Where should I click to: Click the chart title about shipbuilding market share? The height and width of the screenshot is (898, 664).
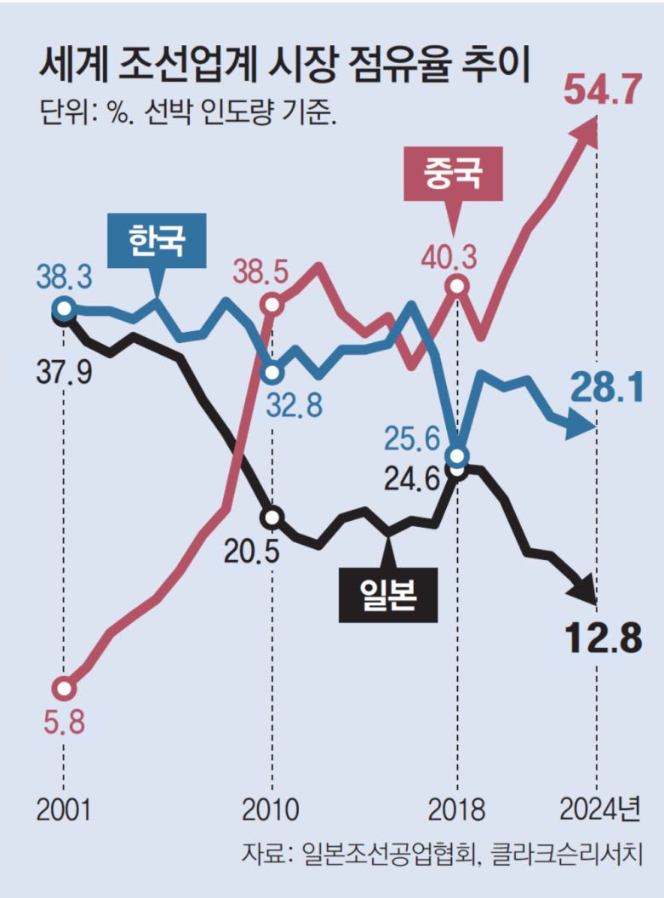pyautogui.click(x=285, y=66)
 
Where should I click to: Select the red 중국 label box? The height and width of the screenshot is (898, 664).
pyautogui.click(x=453, y=174)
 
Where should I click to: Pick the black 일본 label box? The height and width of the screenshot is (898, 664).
pyautogui.click(x=387, y=594)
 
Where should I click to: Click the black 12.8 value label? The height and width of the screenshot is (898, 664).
pyautogui.click(x=601, y=638)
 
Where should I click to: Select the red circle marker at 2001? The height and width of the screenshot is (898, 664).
pyautogui.click(x=63, y=687)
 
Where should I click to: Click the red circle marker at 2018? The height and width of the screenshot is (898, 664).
pyautogui.click(x=457, y=286)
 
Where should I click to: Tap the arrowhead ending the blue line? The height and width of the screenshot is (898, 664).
pyautogui.click(x=586, y=425)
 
